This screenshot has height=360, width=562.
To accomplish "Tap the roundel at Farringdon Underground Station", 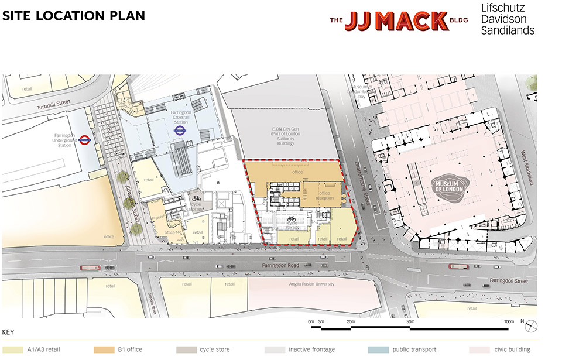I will click(x=85, y=139).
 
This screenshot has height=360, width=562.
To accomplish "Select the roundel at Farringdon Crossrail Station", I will click(x=181, y=132).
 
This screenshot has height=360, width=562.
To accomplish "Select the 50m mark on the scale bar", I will click(x=410, y=322).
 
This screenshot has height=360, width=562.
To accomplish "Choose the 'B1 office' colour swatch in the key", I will click(x=104, y=349).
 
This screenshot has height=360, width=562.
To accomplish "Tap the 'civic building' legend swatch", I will click(x=479, y=349).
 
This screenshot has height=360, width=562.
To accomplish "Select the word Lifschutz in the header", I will click(x=503, y=8).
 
